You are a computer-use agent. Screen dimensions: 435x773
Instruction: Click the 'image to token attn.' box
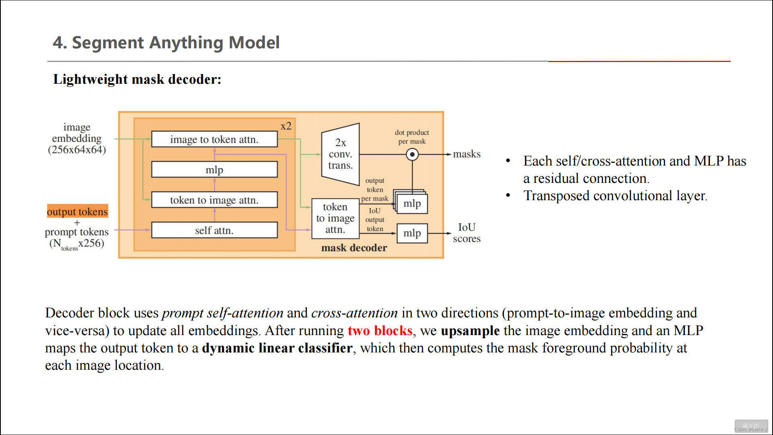214,139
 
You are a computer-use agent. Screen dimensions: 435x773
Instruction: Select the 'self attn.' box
214,230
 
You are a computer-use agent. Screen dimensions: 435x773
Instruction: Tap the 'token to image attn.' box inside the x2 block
214,200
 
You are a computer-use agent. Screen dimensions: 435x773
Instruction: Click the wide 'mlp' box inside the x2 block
214,170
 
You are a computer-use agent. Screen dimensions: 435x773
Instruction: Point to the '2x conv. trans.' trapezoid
340,154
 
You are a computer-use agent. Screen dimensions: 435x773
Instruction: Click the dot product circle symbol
412,154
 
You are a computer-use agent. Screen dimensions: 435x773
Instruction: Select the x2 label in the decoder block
286,126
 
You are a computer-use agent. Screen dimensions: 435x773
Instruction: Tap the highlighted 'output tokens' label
77,211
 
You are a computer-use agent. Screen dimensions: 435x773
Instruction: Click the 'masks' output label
467,154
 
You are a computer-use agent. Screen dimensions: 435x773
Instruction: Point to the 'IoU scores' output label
467,233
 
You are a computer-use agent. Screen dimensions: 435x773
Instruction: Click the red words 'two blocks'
380,331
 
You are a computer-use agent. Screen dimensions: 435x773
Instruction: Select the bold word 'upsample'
470,331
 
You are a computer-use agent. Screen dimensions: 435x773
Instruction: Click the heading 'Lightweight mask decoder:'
137,79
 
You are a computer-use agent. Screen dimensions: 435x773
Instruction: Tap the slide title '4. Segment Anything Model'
166,42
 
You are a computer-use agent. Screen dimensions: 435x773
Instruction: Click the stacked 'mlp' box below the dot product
412,203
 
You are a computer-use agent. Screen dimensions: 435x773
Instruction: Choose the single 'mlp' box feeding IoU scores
412,233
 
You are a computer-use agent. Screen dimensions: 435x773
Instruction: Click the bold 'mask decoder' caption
354,248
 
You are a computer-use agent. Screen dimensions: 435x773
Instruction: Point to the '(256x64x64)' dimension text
77,150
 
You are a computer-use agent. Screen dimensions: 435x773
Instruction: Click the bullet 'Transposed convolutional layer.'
615,196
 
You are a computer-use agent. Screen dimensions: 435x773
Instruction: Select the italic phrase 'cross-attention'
354,313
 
